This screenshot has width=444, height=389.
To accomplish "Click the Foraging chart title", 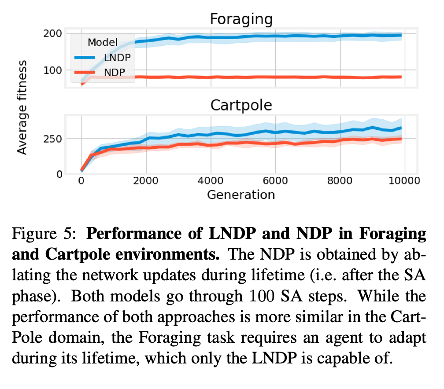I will point(241,19).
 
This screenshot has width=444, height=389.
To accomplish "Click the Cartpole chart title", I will point(241,105).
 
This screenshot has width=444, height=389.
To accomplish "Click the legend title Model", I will point(103,42).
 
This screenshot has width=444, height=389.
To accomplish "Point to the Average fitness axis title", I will point(22,107).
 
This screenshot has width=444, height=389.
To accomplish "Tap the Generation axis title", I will point(241,194).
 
